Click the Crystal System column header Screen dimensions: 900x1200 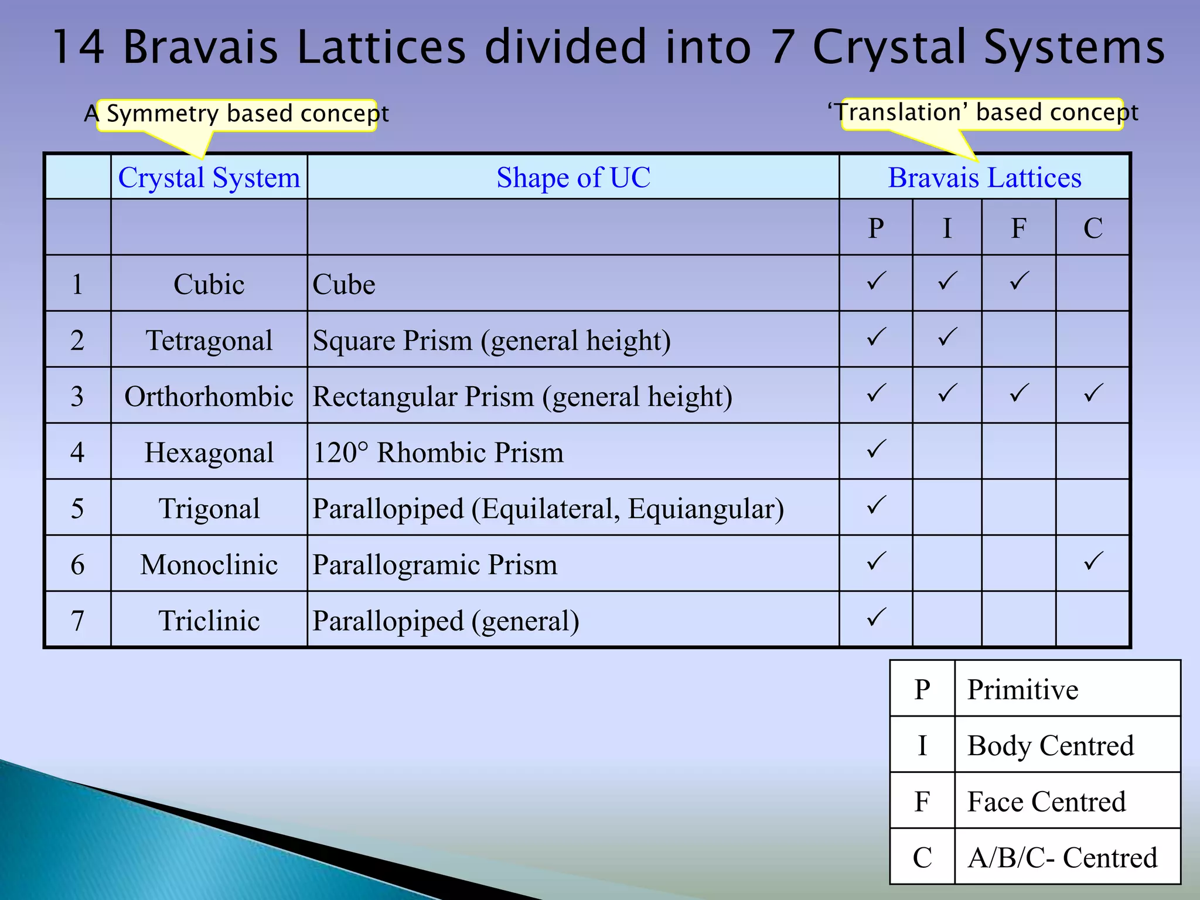click(209, 178)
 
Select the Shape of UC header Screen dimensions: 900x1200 click(573, 178)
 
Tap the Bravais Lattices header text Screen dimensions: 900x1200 click(984, 178)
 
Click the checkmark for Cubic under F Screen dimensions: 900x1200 click(1019, 281)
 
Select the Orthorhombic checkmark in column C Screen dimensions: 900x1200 click(1093, 393)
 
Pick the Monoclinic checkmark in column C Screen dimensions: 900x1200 click(1093, 561)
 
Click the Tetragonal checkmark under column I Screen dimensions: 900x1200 click(947, 337)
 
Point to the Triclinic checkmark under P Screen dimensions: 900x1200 click(876, 617)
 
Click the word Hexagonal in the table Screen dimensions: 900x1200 click(209, 453)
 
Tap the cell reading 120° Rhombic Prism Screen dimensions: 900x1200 click(438, 453)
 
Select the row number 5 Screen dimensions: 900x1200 click(77, 509)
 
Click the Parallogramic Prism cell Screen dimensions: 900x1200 click(435, 565)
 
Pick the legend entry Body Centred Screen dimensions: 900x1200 click(1050, 745)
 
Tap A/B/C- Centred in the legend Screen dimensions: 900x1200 click(1062, 857)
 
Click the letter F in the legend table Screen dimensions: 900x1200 click(922, 801)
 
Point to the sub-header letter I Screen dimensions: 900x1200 click(947, 228)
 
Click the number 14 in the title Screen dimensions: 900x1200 click(79, 47)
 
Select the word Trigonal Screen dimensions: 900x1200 click(209, 509)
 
